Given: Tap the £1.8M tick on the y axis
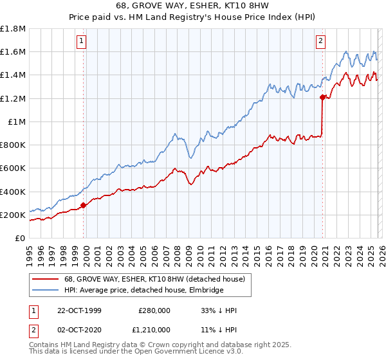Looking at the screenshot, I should point(14,29).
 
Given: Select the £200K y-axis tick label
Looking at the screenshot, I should point(14,215).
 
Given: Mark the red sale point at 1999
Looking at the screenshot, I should point(84,206).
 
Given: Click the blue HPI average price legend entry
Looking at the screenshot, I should point(143,291).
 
